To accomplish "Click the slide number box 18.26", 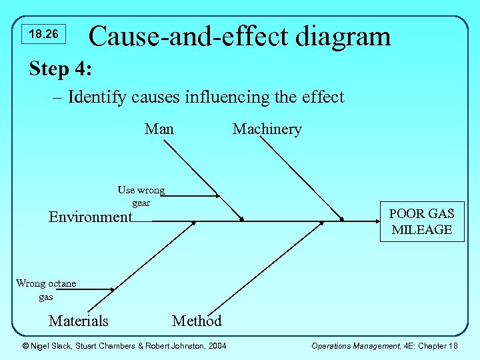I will coord(43,34).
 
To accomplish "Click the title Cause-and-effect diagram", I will coord(239,36).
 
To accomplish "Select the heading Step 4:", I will coord(61,69).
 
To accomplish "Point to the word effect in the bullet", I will coord(323,97).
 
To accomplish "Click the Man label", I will coord(159,129).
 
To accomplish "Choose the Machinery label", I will coord(267,129).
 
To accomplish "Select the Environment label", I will coord(91,217).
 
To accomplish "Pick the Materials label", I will coord(78,321).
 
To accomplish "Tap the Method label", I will coord(197,321).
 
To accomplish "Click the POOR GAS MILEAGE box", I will coord(421,221).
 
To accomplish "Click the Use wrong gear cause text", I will coord(141,197).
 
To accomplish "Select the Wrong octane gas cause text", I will coord(46,290).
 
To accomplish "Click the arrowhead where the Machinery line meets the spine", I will coord(341,219).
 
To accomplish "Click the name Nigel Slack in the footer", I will coord(53,345).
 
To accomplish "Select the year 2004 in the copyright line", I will coord(216,345).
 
